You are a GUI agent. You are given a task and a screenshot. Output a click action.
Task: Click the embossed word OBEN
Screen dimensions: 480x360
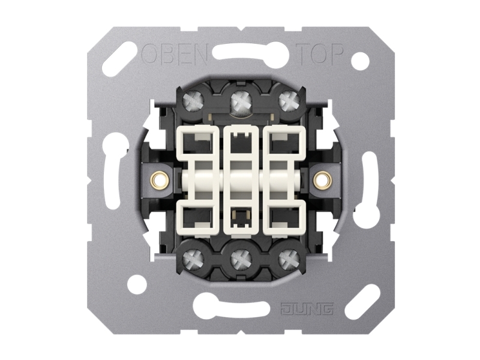click(x=175, y=54)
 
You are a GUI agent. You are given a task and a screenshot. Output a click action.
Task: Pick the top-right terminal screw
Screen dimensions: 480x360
click(x=289, y=100)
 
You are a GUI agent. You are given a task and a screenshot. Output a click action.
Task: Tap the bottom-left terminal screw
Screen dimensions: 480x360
click(x=192, y=256)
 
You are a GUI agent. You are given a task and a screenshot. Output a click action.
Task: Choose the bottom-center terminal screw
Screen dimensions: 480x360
click(x=241, y=257)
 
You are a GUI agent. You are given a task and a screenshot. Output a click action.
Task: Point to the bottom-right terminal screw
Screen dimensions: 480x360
click(x=289, y=256)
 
